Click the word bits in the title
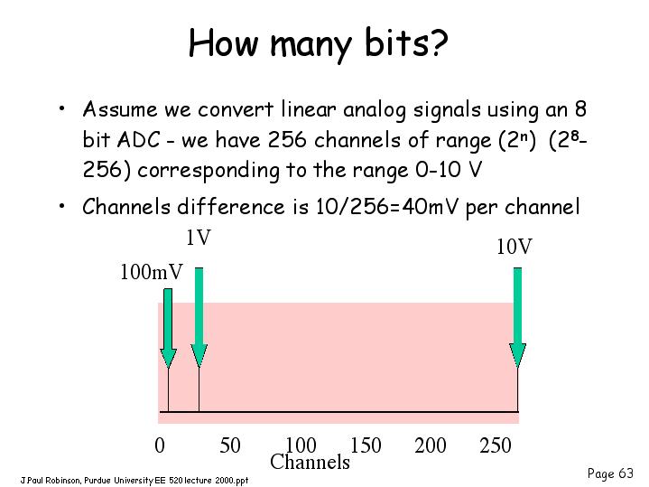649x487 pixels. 397,43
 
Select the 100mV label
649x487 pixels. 151,272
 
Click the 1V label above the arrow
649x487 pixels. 199,238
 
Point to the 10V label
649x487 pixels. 515,246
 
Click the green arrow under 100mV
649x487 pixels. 168,328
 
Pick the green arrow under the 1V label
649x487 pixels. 199,317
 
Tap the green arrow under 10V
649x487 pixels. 518,317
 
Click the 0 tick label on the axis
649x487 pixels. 160,445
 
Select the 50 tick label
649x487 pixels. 229,445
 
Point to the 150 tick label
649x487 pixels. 366,445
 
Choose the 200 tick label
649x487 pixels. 431,445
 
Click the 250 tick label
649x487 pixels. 496,445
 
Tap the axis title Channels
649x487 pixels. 310,462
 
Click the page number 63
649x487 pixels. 626,473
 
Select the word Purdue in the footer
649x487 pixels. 97,481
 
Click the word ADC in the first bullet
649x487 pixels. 138,139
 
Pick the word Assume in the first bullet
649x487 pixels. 120,109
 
